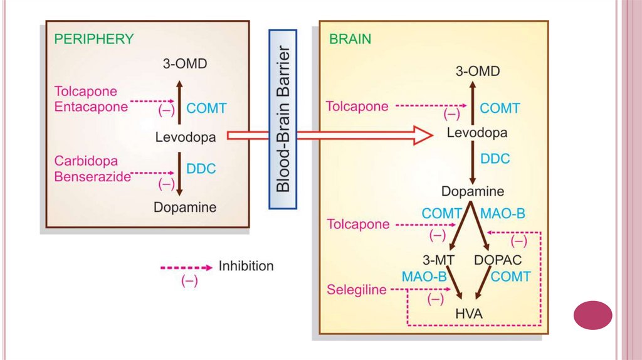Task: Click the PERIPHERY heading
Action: coord(94,39)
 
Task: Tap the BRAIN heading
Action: coord(350,39)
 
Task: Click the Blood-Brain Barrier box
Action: coord(283,119)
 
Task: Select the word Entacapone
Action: coord(91,107)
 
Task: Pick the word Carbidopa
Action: coord(86,161)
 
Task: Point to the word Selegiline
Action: coord(356,290)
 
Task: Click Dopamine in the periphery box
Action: coord(185,207)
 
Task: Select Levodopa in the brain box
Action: coord(477,133)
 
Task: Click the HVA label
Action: coord(470,314)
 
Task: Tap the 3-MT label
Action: coord(438,259)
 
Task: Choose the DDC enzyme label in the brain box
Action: coord(496,159)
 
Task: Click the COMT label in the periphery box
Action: coord(206,109)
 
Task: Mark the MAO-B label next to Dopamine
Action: coord(502,213)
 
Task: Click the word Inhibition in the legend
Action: coord(246,266)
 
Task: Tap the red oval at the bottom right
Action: coord(593,315)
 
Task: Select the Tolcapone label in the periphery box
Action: coord(85,92)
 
